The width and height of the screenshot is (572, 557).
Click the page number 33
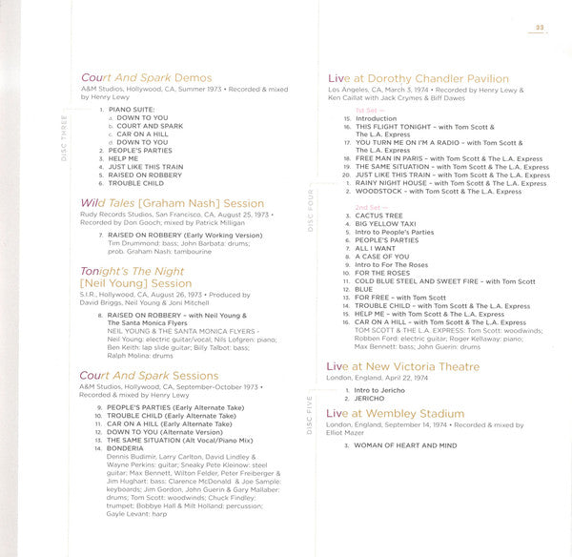coord(539,27)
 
